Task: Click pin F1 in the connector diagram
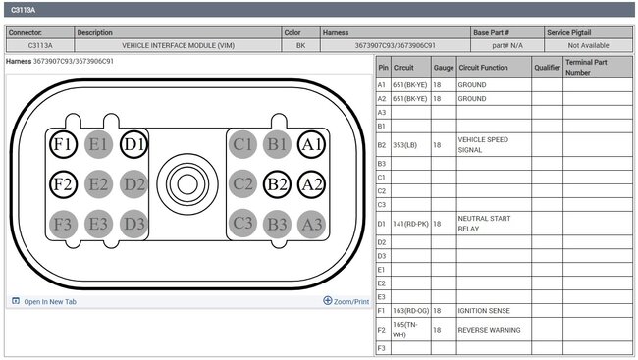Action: pos(63,144)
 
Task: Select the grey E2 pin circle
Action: pos(98,184)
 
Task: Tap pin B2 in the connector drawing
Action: pos(277,184)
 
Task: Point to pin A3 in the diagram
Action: pos(312,224)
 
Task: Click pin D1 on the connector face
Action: pos(133,144)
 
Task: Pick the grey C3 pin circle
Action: pos(242,223)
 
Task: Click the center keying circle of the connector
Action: pos(187,184)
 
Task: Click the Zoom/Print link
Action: pos(346,301)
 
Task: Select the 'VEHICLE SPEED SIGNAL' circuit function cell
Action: pos(494,145)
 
